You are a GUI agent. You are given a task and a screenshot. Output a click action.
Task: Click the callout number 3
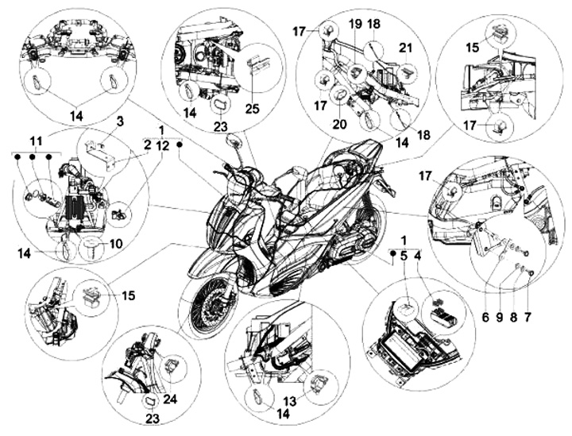click(120, 122)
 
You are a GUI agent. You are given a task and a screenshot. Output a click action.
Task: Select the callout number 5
click(403, 257)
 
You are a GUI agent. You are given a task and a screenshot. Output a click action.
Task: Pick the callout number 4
click(419, 257)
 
